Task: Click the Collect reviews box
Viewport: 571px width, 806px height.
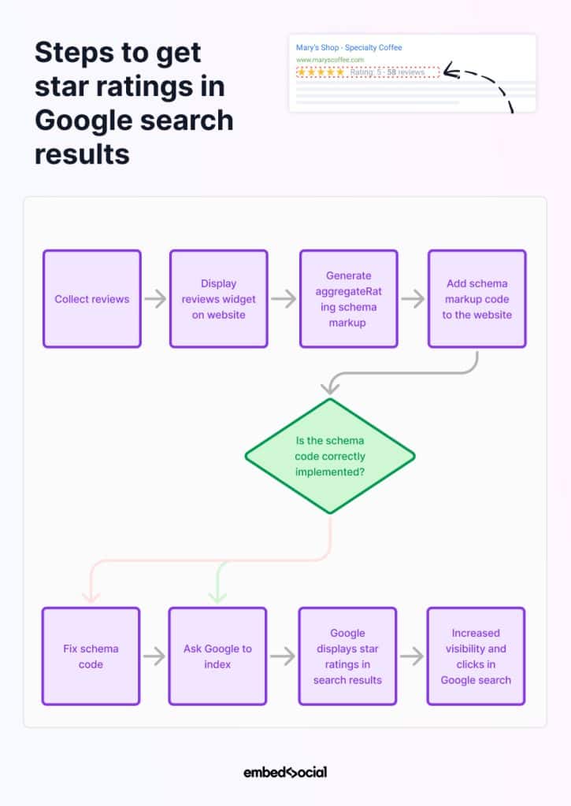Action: pyautogui.click(x=92, y=299)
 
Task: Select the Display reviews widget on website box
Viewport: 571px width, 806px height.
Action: pyautogui.click(x=219, y=299)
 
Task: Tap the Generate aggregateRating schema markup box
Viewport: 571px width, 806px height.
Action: pyautogui.click(x=348, y=299)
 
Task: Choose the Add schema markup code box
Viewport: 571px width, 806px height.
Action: pyautogui.click(x=476, y=299)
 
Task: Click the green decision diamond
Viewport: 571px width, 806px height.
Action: pyautogui.click(x=330, y=457)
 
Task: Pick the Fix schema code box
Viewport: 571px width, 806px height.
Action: pyautogui.click(x=91, y=656)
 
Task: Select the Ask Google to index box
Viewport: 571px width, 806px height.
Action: pyautogui.click(x=217, y=656)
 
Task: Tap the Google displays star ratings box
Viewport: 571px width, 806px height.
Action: pyautogui.click(x=347, y=656)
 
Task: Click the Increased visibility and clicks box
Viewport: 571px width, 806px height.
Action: pyautogui.click(x=476, y=656)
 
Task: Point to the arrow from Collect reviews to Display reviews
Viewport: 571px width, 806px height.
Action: pyautogui.click(x=155, y=299)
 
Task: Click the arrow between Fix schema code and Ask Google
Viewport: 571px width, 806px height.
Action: pyautogui.click(x=154, y=656)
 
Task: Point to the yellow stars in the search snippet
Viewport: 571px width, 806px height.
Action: pyautogui.click(x=321, y=72)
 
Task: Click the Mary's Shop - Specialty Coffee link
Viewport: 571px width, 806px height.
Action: pyautogui.click(x=349, y=48)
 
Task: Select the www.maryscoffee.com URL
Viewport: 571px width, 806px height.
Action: pyautogui.click(x=330, y=60)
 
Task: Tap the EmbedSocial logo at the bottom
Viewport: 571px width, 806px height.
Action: pyautogui.click(x=285, y=772)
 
